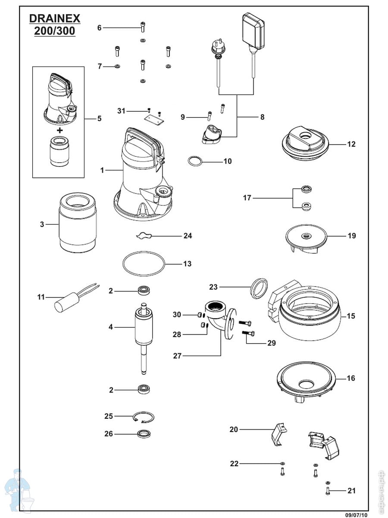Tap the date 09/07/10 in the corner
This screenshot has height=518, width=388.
tap(357, 514)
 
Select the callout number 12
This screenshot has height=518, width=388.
tap(351, 144)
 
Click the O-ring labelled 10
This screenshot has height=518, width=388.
tap(195, 161)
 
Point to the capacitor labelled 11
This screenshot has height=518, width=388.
tap(64, 303)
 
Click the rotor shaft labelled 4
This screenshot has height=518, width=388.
tap(143, 332)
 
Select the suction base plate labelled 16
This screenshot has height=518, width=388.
tap(307, 382)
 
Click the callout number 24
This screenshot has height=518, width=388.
tap(188, 236)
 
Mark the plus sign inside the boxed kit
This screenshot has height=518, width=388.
tap(59, 130)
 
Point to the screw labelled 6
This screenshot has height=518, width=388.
tap(143, 27)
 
